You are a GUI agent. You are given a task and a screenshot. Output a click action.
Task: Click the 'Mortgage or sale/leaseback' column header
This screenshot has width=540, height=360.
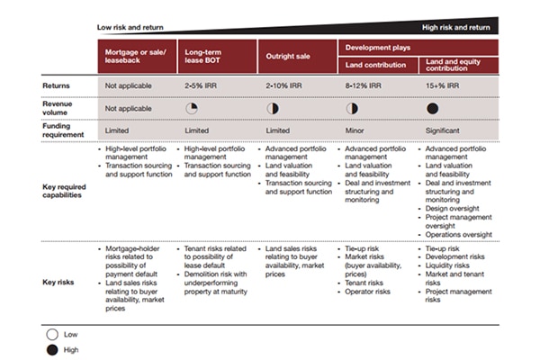[x=136, y=57]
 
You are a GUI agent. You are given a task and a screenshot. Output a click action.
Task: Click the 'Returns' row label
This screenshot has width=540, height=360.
[x=56, y=85]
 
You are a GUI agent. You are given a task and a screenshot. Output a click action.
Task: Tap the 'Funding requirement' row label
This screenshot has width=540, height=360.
[x=62, y=131]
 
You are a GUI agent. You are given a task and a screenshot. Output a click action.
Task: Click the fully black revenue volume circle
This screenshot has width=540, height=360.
[x=432, y=108]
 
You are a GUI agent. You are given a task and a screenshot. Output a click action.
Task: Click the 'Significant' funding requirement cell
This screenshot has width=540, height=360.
[x=444, y=130]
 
